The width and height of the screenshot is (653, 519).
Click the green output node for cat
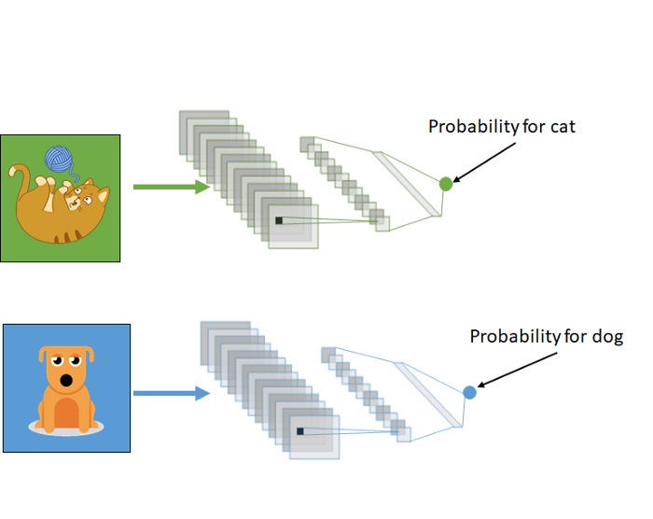click(x=446, y=184)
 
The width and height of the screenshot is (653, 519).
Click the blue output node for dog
click(x=469, y=392)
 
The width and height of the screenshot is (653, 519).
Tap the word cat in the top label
click(x=563, y=126)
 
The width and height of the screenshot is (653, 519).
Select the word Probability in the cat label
click(x=472, y=127)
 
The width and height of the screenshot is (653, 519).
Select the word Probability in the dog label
click(x=513, y=336)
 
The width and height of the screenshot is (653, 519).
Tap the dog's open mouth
click(x=66, y=382)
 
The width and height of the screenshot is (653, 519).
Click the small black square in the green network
click(x=278, y=221)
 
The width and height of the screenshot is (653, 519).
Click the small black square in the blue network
click(x=299, y=431)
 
